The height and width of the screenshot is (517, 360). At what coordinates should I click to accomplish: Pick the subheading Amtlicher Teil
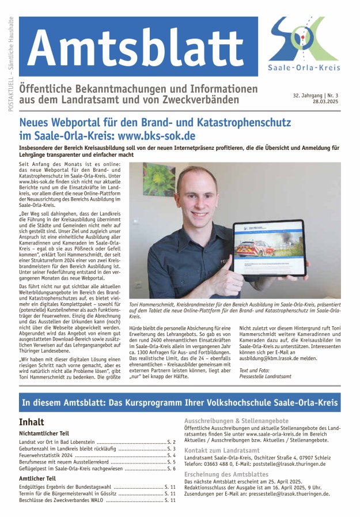(37, 478)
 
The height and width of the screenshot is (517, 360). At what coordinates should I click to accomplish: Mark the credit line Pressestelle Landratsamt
(266, 376)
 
